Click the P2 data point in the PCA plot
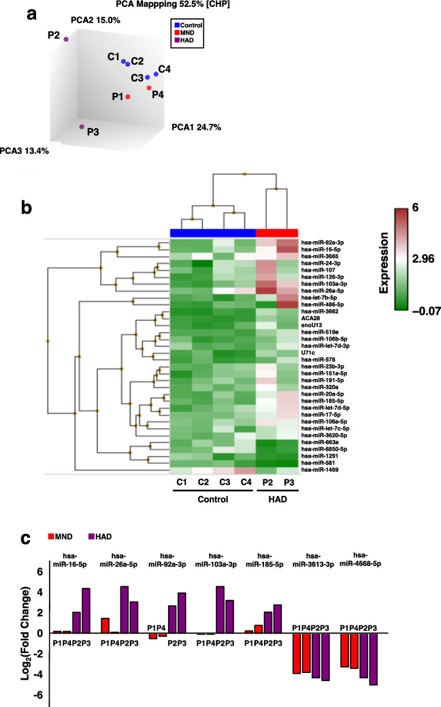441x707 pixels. [x=66, y=40]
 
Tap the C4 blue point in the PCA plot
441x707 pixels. [x=156, y=74]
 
